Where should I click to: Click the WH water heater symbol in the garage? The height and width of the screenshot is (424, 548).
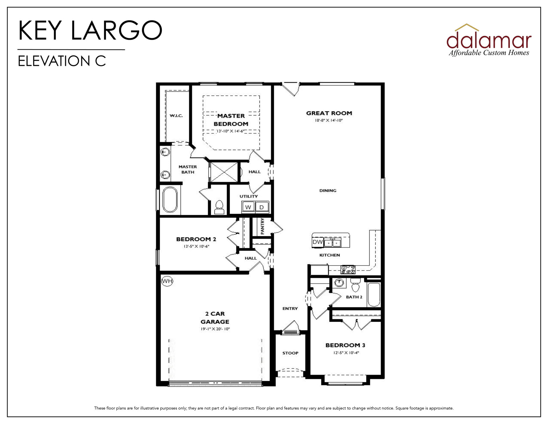(x=167, y=281)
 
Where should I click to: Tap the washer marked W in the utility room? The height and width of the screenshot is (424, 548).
(x=248, y=207)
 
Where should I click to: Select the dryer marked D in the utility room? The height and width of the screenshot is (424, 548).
(x=262, y=207)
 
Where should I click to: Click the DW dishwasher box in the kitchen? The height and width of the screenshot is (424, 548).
(x=318, y=242)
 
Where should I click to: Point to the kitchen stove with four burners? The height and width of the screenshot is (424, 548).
(x=348, y=269)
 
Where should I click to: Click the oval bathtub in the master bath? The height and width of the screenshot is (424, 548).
(x=170, y=200)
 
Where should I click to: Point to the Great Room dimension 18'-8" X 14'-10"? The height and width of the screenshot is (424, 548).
(x=329, y=121)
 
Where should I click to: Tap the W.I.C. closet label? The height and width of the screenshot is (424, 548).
(x=176, y=116)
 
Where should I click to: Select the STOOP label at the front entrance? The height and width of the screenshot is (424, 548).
(x=290, y=353)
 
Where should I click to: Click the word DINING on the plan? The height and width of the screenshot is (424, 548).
(x=328, y=191)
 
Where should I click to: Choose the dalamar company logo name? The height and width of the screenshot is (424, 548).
(x=489, y=40)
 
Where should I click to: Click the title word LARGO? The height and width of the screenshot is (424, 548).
(x=116, y=30)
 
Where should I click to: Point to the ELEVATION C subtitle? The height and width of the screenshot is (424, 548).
(x=62, y=61)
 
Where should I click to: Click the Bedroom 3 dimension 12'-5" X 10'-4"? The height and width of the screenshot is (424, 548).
(x=346, y=353)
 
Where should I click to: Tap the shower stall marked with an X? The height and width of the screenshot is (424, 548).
(x=224, y=172)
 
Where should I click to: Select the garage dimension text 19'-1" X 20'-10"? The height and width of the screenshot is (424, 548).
(x=215, y=329)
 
